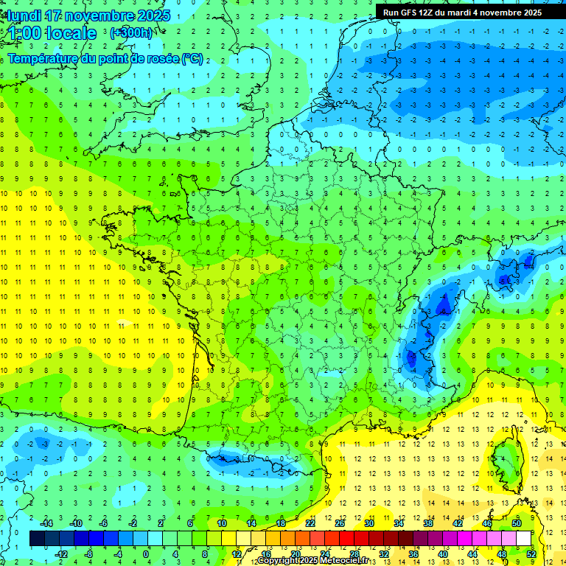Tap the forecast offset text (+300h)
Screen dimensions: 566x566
(131, 33)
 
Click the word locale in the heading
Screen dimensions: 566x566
(71, 33)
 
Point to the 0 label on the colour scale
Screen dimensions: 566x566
(146, 553)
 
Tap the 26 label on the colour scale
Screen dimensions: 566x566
(339, 523)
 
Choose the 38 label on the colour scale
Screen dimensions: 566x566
(427, 523)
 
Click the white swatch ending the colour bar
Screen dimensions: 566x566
(523, 538)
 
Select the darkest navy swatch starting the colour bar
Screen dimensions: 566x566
(37, 538)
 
